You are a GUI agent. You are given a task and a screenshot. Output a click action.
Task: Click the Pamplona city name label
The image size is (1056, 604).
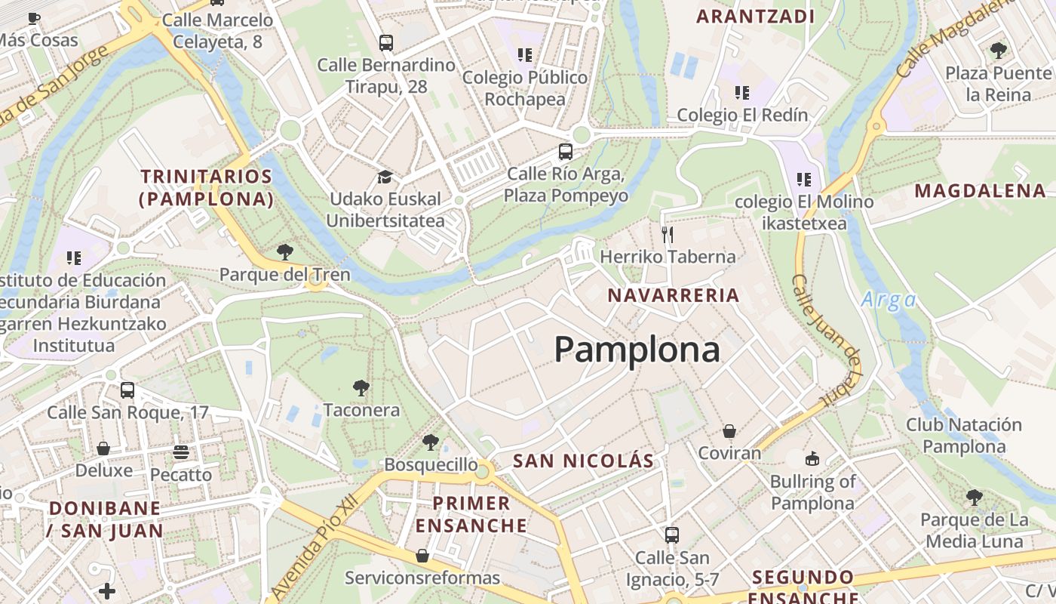click(x=637, y=350)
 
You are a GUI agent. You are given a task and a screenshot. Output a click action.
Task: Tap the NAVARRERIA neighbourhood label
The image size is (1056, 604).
click(x=674, y=295)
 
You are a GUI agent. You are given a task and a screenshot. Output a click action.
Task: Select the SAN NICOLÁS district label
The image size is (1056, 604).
click(x=583, y=461)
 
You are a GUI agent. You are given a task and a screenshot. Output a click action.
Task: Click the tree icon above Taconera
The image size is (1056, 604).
click(x=361, y=388)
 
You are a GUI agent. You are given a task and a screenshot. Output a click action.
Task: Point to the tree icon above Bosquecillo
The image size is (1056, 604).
click(x=430, y=442)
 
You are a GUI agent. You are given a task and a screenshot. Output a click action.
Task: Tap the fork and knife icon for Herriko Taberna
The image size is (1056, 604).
click(x=667, y=235)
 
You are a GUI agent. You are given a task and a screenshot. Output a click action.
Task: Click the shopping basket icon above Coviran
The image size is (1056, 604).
click(x=729, y=431)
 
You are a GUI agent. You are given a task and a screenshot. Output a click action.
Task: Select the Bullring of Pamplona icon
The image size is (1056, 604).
click(x=812, y=459)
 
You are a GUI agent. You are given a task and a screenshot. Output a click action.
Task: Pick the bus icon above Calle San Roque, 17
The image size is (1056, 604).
click(x=127, y=390)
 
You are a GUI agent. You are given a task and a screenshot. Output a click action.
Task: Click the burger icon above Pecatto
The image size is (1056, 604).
click(x=180, y=452)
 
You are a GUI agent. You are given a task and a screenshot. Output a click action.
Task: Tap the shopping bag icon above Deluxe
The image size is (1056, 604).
click(x=103, y=448)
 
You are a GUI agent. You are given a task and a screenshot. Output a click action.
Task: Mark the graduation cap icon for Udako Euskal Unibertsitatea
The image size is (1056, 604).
click(x=385, y=177)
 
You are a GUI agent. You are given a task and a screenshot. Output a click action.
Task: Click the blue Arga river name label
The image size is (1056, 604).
click(x=889, y=300)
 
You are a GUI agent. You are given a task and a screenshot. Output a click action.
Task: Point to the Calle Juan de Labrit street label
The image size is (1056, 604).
click(x=827, y=340)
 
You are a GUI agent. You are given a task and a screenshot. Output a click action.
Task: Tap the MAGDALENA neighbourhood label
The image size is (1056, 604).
click(x=981, y=191)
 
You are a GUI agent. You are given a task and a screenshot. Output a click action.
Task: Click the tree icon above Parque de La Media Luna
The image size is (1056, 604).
click(x=975, y=498)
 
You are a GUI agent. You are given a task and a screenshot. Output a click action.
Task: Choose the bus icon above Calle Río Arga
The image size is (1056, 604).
click(x=566, y=152)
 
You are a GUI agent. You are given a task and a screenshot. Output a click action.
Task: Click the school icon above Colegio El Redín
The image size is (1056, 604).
click(x=742, y=93)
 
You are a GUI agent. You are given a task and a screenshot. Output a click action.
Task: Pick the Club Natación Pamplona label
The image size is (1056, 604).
click(x=964, y=436)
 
